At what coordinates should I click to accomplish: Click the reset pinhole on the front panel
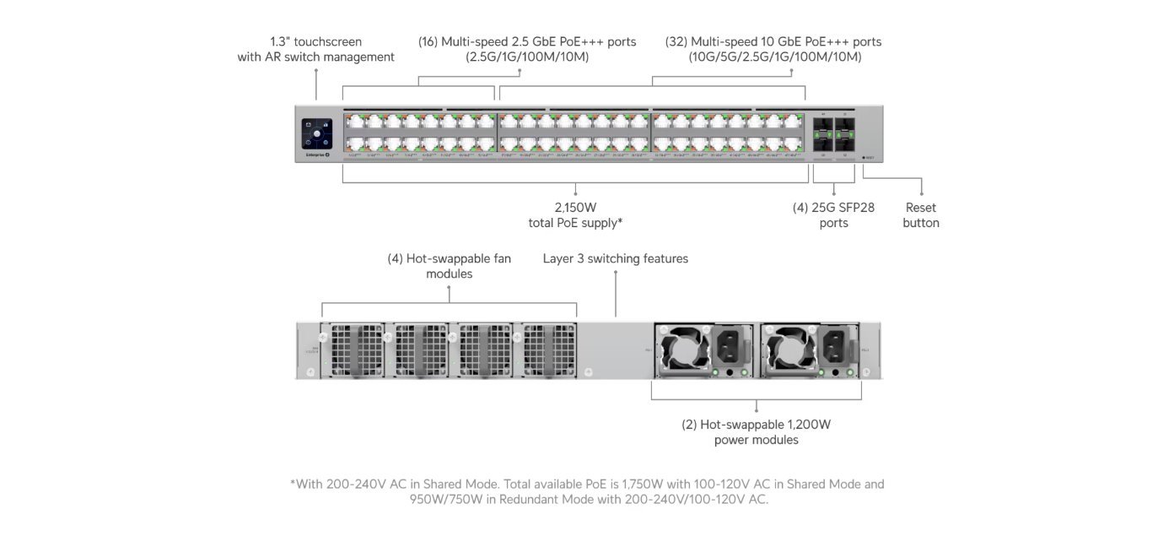(x=864, y=157)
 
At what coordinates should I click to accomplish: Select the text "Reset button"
(x=920, y=215)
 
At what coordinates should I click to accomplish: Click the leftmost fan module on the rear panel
(x=353, y=349)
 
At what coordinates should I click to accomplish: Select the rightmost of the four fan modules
(x=548, y=349)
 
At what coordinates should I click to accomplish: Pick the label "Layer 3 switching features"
(x=615, y=258)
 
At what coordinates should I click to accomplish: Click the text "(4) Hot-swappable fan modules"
(x=449, y=266)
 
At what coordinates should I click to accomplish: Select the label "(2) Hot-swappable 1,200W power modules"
(x=756, y=432)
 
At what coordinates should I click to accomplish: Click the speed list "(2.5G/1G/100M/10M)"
(x=527, y=57)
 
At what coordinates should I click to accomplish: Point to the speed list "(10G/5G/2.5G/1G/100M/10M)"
(x=773, y=57)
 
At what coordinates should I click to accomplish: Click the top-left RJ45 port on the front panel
(x=353, y=122)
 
